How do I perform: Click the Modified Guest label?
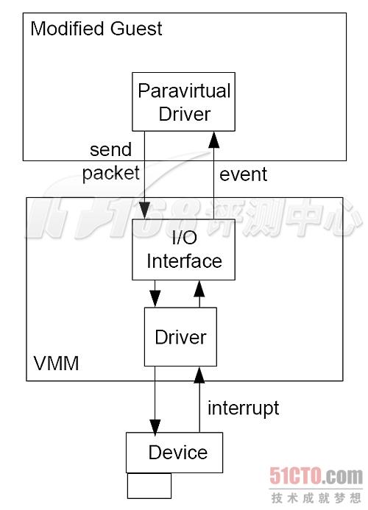[x=96, y=29]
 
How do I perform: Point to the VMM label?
[x=56, y=364]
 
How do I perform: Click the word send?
[x=111, y=149]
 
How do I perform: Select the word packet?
[x=111, y=173]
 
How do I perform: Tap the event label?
[x=244, y=174]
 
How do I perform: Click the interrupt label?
[x=244, y=408]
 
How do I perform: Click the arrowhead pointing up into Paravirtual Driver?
[x=213, y=139]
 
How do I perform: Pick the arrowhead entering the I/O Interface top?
[x=144, y=210]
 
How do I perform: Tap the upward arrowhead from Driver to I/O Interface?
[x=199, y=288]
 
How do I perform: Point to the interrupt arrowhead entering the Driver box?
[x=199, y=375]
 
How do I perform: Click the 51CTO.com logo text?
[x=316, y=476]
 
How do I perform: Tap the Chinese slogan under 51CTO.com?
[x=316, y=497]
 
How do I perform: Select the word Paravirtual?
[x=184, y=91]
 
